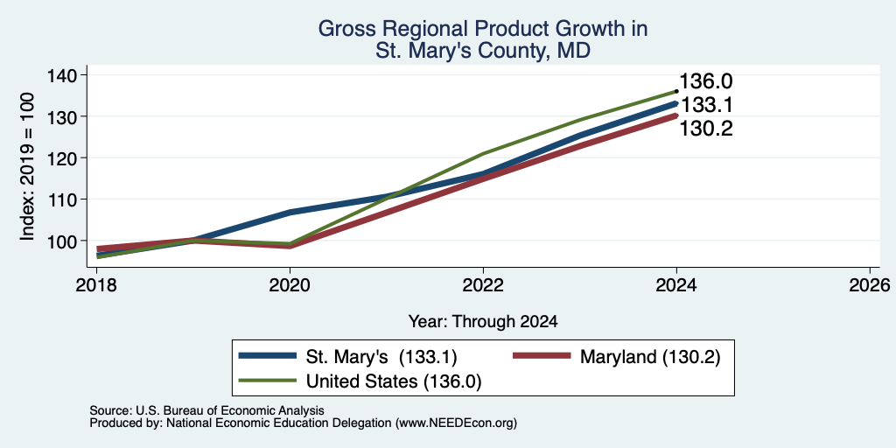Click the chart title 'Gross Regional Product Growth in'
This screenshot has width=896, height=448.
(x=483, y=29)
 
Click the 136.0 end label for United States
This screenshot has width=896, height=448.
(x=705, y=81)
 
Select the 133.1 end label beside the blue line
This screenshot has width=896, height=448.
(x=705, y=106)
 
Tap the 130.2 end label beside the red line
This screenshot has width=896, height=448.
(x=705, y=129)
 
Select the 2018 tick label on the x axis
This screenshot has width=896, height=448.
(x=96, y=285)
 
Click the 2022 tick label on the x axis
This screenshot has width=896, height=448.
(x=483, y=285)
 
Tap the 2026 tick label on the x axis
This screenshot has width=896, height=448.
(x=870, y=285)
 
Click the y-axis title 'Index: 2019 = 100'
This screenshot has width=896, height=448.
(x=27, y=166)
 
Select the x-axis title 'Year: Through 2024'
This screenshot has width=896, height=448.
(x=483, y=322)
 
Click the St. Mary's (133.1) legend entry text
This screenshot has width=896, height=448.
(x=381, y=357)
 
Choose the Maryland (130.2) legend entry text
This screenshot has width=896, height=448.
(x=650, y=357)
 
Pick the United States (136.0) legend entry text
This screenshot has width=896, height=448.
(x=394, y=381)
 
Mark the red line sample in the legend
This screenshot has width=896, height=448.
(x=542, y=356)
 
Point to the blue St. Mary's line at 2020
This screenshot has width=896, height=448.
(x=290, y=212)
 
